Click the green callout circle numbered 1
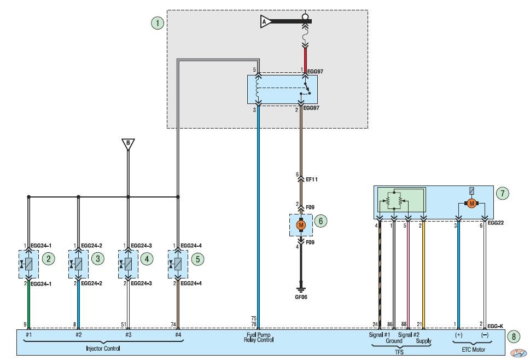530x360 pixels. point(158,23)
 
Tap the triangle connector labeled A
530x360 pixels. point(265,21)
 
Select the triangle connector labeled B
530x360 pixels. point(128,144)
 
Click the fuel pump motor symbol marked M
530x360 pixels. point(301,225)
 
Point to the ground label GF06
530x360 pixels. point(301,297)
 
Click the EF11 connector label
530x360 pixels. point(312,179)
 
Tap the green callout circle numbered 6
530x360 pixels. point(321,221)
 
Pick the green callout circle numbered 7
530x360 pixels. point(503,193)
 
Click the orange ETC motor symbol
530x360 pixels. point(471,203)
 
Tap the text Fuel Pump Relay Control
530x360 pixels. point(259,337)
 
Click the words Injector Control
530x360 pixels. point(103,349)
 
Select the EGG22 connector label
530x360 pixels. point(496,223)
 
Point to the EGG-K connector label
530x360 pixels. point(495,326)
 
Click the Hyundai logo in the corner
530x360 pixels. point(518,353)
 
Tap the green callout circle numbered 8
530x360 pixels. point(514,336)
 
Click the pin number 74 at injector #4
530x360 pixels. point(173,324)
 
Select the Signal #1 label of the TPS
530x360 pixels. point(379,335)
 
